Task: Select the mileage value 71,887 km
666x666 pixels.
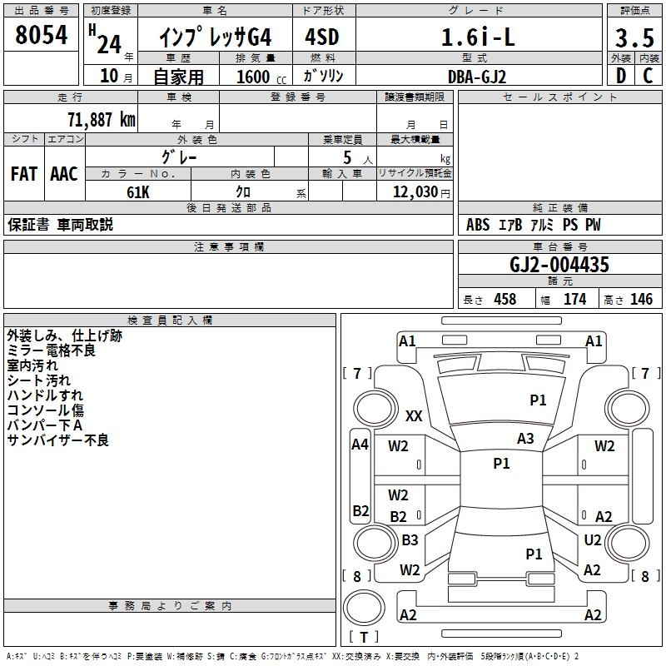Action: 102,120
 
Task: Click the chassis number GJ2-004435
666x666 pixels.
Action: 559,265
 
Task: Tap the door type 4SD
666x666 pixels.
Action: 323,37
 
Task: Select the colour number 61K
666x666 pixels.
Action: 138,191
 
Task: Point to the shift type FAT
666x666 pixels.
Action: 24,174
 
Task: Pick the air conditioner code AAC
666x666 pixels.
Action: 64,174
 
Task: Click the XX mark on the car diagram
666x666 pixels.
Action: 414,415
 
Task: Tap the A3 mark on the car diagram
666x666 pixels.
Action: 525,439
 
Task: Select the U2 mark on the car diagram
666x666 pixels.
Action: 593,540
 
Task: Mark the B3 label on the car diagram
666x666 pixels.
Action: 410,540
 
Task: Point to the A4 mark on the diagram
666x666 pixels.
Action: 360,445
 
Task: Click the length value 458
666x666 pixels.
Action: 504,300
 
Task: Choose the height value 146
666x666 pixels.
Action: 641,300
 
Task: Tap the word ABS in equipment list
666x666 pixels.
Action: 478,225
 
